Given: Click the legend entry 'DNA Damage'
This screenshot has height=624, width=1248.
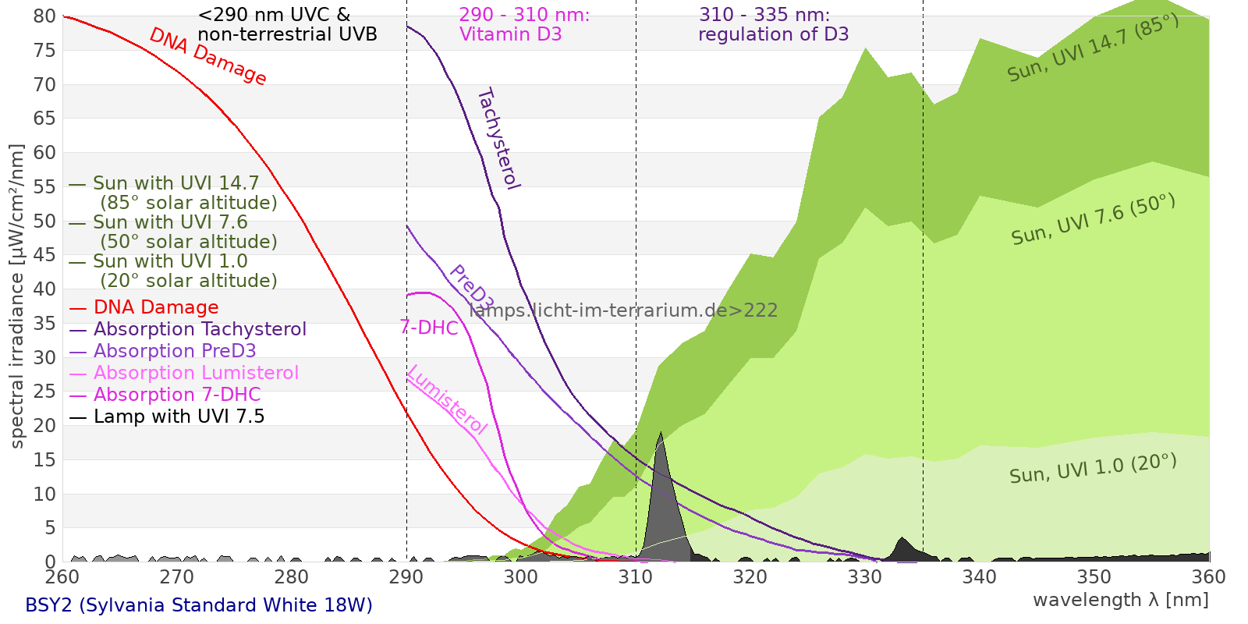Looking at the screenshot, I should (x=156, y=307).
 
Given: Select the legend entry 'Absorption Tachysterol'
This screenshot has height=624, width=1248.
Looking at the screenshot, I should (x=200, y=329).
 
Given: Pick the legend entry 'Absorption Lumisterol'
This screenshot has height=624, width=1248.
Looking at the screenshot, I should (x=196, y=373).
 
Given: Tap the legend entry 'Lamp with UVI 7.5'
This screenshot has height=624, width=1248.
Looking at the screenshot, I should (x=179, y=417).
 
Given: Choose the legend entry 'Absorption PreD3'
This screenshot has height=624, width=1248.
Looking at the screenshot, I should (x=175, y=351).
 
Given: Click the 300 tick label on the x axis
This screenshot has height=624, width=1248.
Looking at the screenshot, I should (x=521, y=577).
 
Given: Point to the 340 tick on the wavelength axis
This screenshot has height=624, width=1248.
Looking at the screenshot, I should (x=980, y=577).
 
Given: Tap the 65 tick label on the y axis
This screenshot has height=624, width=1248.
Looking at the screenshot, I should (x=45, y=119).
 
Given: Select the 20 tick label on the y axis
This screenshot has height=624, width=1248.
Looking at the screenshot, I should (x=45, y=426).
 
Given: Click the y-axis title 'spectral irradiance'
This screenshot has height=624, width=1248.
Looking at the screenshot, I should (x=17, y=296).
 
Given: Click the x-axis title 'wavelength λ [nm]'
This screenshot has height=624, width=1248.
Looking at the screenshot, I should (x=1120, y=600).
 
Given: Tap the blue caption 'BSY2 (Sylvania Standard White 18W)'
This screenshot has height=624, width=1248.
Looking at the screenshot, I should (x=199, y=605).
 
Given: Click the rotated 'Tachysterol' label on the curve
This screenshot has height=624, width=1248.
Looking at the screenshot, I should (x=498, y=139).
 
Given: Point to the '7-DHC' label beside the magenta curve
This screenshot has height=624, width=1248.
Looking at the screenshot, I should (x=429, y=328).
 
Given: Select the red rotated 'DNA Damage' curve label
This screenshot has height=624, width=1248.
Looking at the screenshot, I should (x=208, y=56).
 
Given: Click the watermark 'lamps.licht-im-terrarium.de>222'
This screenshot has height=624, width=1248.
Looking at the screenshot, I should (x=623, y=310).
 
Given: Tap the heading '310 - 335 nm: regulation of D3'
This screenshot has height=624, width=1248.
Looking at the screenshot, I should (x=772, y=25).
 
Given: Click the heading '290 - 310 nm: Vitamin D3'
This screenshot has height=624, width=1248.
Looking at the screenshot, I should (x=524, y=25).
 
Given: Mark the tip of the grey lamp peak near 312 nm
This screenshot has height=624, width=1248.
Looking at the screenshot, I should (x=661, y=432).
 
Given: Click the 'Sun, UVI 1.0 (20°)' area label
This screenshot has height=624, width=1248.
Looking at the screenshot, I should (x=1093, y=469).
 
